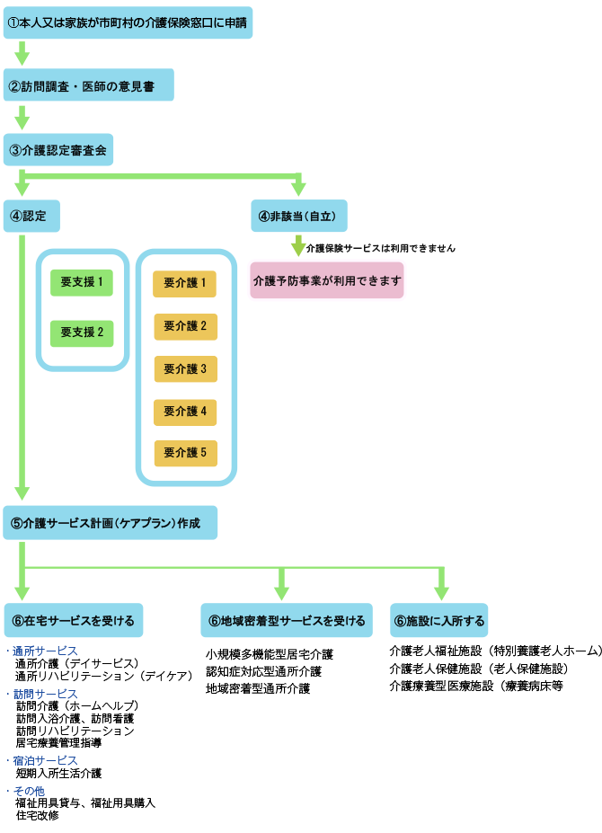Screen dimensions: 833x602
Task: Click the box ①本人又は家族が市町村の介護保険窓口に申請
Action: [128, 22]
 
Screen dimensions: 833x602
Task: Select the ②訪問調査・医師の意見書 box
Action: [88, 85]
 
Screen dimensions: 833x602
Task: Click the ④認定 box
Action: [31, 216]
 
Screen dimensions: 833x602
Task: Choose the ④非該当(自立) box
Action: [298, 216]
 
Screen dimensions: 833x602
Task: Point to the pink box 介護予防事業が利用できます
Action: [327, 280]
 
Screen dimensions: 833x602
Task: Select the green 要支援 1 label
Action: [82, 282]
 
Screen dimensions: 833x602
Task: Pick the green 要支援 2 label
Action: [82, 332]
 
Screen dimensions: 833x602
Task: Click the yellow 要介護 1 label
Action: [185, 284]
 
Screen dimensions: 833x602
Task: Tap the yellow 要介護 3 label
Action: [185, 368]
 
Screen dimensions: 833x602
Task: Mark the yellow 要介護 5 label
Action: [185, 453]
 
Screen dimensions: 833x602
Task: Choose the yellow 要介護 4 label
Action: [185, 411]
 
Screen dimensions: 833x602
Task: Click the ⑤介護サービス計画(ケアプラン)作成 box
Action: [110, 523]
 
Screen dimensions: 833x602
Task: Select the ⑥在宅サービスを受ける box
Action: [73, 620]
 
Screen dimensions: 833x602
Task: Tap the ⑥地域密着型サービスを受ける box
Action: [287, 620]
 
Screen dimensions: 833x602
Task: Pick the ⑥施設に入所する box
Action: [439, 620]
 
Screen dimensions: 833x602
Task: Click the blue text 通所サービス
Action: [45, 651]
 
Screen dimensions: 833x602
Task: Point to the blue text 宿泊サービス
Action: [45, 761]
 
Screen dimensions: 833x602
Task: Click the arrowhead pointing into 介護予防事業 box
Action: [298, 248]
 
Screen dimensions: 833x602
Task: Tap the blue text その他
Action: [29, 792]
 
